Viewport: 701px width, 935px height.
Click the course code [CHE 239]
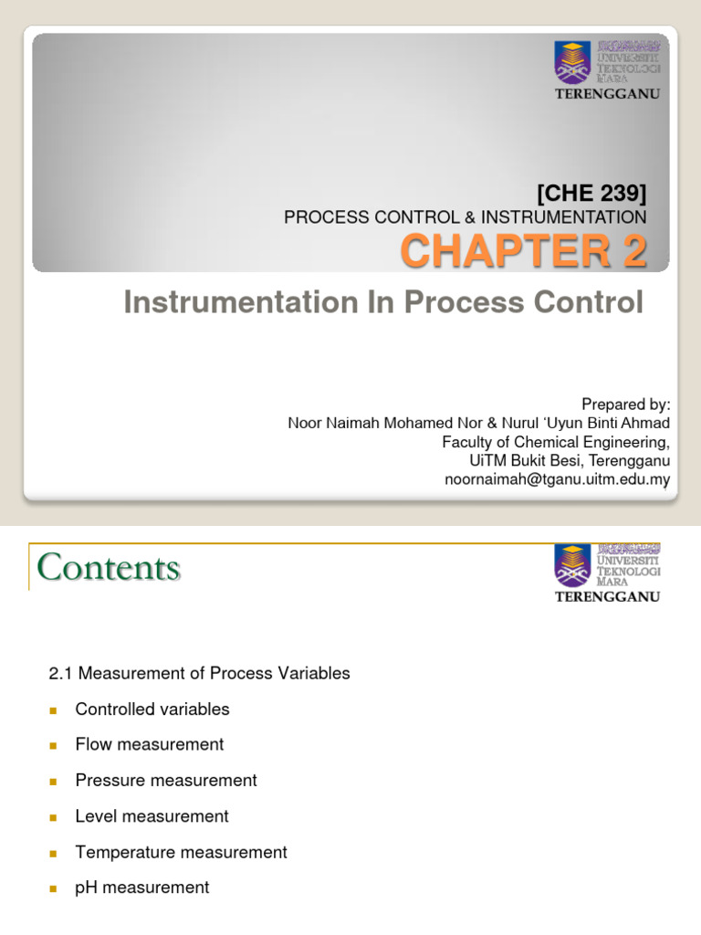[x=591, y=193]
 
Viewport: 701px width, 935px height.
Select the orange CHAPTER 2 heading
[x=523, y=252]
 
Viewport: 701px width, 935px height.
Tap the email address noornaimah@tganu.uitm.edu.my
[x=557, y=479]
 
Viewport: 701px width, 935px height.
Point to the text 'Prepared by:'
[x=625, y=404]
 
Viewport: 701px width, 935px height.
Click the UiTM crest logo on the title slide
[x=572, y=62]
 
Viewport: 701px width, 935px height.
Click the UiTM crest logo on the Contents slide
[x=572, y=566]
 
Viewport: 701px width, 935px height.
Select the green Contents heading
[x=109, y=568]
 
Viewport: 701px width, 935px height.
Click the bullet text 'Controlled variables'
[x=152, y=709]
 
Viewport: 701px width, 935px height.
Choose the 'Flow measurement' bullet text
[x=150, y=745]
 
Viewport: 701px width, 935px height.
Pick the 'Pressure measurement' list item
[x=166, y=781]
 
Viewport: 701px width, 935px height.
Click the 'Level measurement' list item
[x=152, y=816]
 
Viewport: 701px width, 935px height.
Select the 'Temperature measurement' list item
[x=181, y=852]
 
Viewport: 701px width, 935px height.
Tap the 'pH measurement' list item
[x=142, y=888]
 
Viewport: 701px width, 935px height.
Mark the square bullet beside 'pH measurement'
[x=53, y=888]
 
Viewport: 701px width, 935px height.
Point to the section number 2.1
[x=60, y=674]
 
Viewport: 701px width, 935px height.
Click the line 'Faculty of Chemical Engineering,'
[x=556, y=442]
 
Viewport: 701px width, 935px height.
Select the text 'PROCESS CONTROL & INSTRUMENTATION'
[x=465, y=217]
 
